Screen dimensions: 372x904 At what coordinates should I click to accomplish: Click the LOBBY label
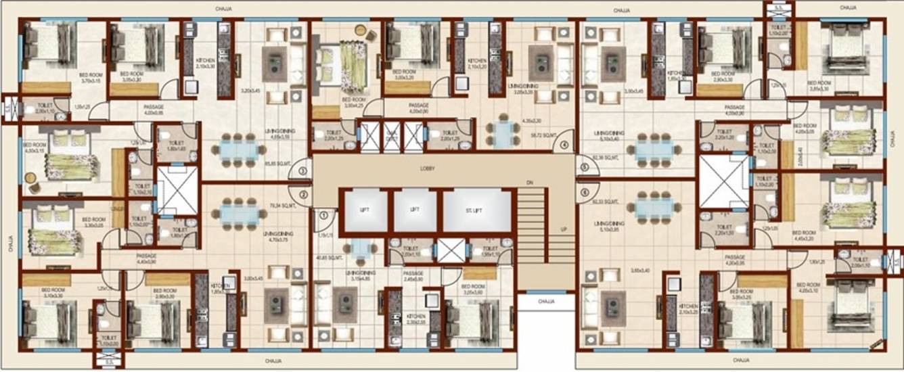[427, 168]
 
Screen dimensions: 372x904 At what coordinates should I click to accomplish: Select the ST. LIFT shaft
[477, 210]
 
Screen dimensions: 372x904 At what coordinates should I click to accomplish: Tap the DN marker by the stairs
[530, 182]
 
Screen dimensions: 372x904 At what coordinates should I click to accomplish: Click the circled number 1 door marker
[324, 215]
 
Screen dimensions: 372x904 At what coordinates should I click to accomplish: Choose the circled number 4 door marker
[564, 143]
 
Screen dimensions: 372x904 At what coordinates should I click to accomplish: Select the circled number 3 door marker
[302, 171]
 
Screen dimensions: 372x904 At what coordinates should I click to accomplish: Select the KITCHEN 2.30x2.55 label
[415, 319]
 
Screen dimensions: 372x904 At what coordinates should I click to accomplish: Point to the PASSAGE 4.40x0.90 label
[146, 258]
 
